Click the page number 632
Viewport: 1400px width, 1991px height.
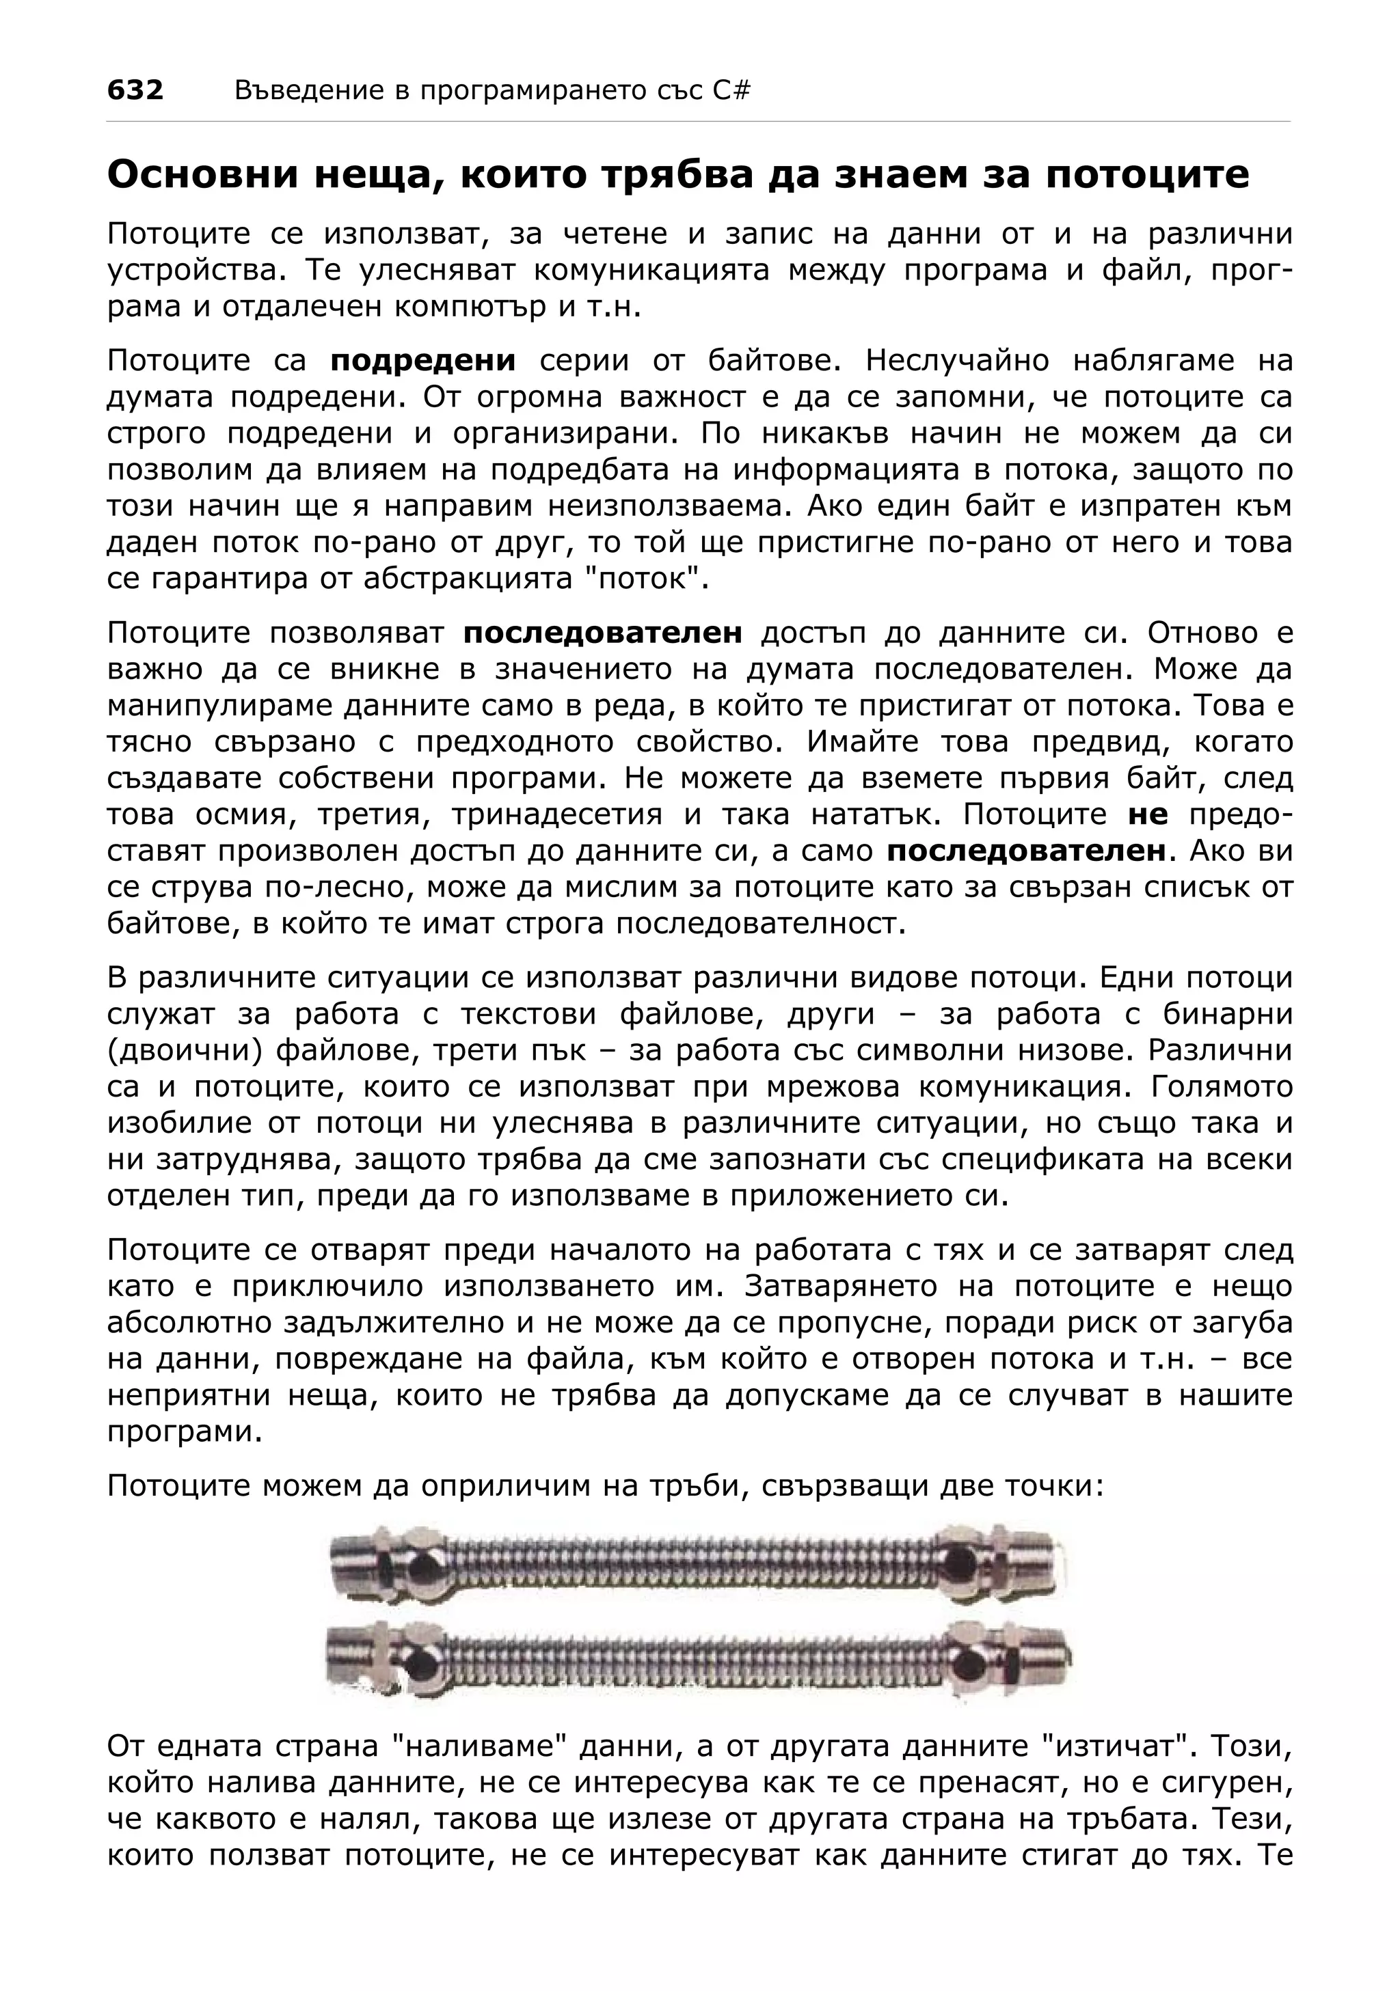click(135, 90)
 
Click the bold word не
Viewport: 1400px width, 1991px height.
click(1148, 815)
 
